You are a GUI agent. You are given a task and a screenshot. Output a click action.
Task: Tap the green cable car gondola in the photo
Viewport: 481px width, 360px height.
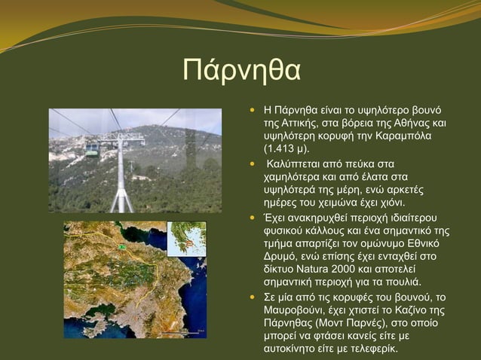(x=91, y=149)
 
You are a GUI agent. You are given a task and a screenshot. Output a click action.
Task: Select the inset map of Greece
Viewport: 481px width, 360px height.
(x=186, y=239)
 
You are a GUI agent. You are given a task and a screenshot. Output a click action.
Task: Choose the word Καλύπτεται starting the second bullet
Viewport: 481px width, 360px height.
(x=295, y=163)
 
